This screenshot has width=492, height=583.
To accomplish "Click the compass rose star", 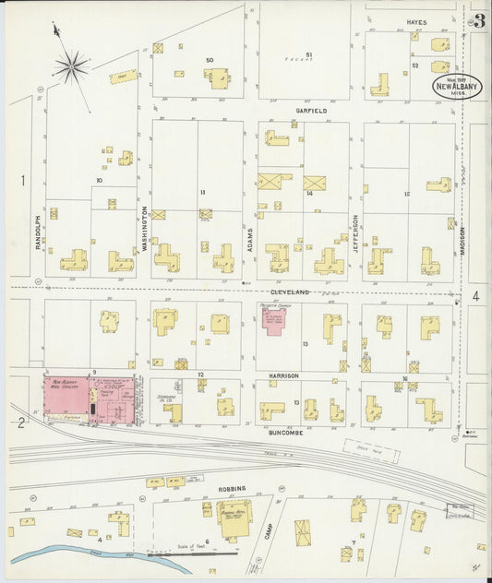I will click(x=71, y=65).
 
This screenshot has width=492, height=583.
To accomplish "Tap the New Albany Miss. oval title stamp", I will click(x=456, y=87).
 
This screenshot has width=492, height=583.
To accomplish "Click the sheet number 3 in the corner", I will click(x=479, y=21).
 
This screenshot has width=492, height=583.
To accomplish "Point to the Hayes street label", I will click(x=416, y=21).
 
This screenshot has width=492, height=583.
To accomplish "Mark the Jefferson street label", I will click(x=354, y=232).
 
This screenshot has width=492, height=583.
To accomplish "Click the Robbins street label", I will click(x=233, y=487).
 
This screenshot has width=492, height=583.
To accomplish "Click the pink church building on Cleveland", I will click(x=274, y=322).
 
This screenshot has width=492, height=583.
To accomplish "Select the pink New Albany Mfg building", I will click(x=66, y=393).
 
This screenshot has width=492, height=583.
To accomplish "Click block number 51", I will click(x=308, y=55).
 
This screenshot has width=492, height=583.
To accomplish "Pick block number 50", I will click(x=210, y=60).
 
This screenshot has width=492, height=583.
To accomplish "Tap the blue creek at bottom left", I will click(x=74, y=556).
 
